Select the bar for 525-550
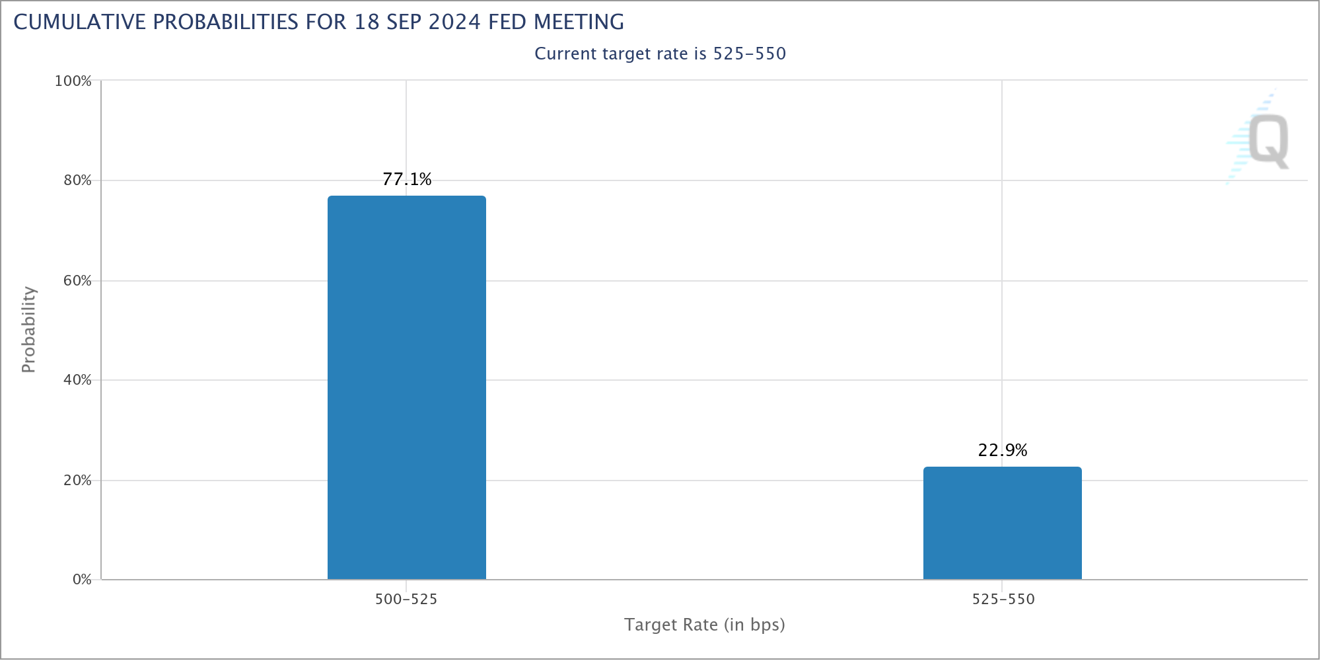[x=1002, y=523]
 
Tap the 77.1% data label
[x=407, y=179]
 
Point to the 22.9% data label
[x=1002, y=450]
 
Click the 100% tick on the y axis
[x=73, y=81]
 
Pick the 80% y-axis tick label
[x=77, y=180]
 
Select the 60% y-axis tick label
[x=77, y=281]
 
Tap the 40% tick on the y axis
[x=77, y=380]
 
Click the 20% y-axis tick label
[x=77, y=481]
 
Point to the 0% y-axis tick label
[x=82, y=580]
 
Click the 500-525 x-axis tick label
[x=406, y=600]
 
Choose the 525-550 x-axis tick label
[x=1003, y=600]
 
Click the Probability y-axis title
[x=28, y=329]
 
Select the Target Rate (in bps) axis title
[x=704, y=625]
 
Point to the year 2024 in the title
[x=454, y=22]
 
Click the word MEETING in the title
[x=579, y=22]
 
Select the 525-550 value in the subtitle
[x=749, y=54]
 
